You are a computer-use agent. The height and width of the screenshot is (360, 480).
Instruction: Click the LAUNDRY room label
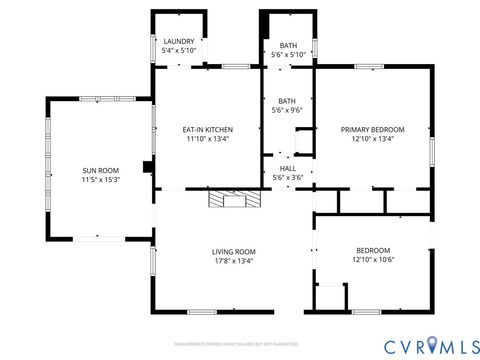tap(180, 41)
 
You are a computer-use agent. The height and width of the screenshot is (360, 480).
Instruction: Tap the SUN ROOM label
tap(101, 171)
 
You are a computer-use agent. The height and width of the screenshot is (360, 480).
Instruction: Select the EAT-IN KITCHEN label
tap(207, 129)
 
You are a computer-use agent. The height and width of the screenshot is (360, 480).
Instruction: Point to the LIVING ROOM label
tap(233, 251)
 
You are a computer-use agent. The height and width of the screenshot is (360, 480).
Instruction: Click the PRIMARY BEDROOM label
tap(372, 129)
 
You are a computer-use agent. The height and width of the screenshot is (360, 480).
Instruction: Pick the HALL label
tap(288, 168)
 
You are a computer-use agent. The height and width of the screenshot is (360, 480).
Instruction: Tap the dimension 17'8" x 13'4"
tap(233, 261)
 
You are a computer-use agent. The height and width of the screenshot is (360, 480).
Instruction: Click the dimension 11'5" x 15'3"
tap(101, 181)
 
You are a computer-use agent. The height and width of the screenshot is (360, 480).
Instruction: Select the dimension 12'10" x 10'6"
tap(372, 259)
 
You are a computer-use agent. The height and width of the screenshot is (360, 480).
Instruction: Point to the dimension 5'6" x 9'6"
tap(288, 110)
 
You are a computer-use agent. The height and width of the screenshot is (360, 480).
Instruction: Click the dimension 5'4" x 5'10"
tap(180, 51)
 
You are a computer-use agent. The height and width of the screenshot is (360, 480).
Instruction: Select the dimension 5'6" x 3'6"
tap(288, 177)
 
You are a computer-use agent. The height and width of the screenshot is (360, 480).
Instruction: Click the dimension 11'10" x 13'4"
tap(207, 139)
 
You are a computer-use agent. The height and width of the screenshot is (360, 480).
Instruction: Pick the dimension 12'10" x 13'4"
tap(372, 139)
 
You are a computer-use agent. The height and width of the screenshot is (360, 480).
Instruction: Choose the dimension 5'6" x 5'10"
tap(288, 55)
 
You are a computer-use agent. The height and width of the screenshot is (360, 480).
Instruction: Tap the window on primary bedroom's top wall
tap(368, 67)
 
